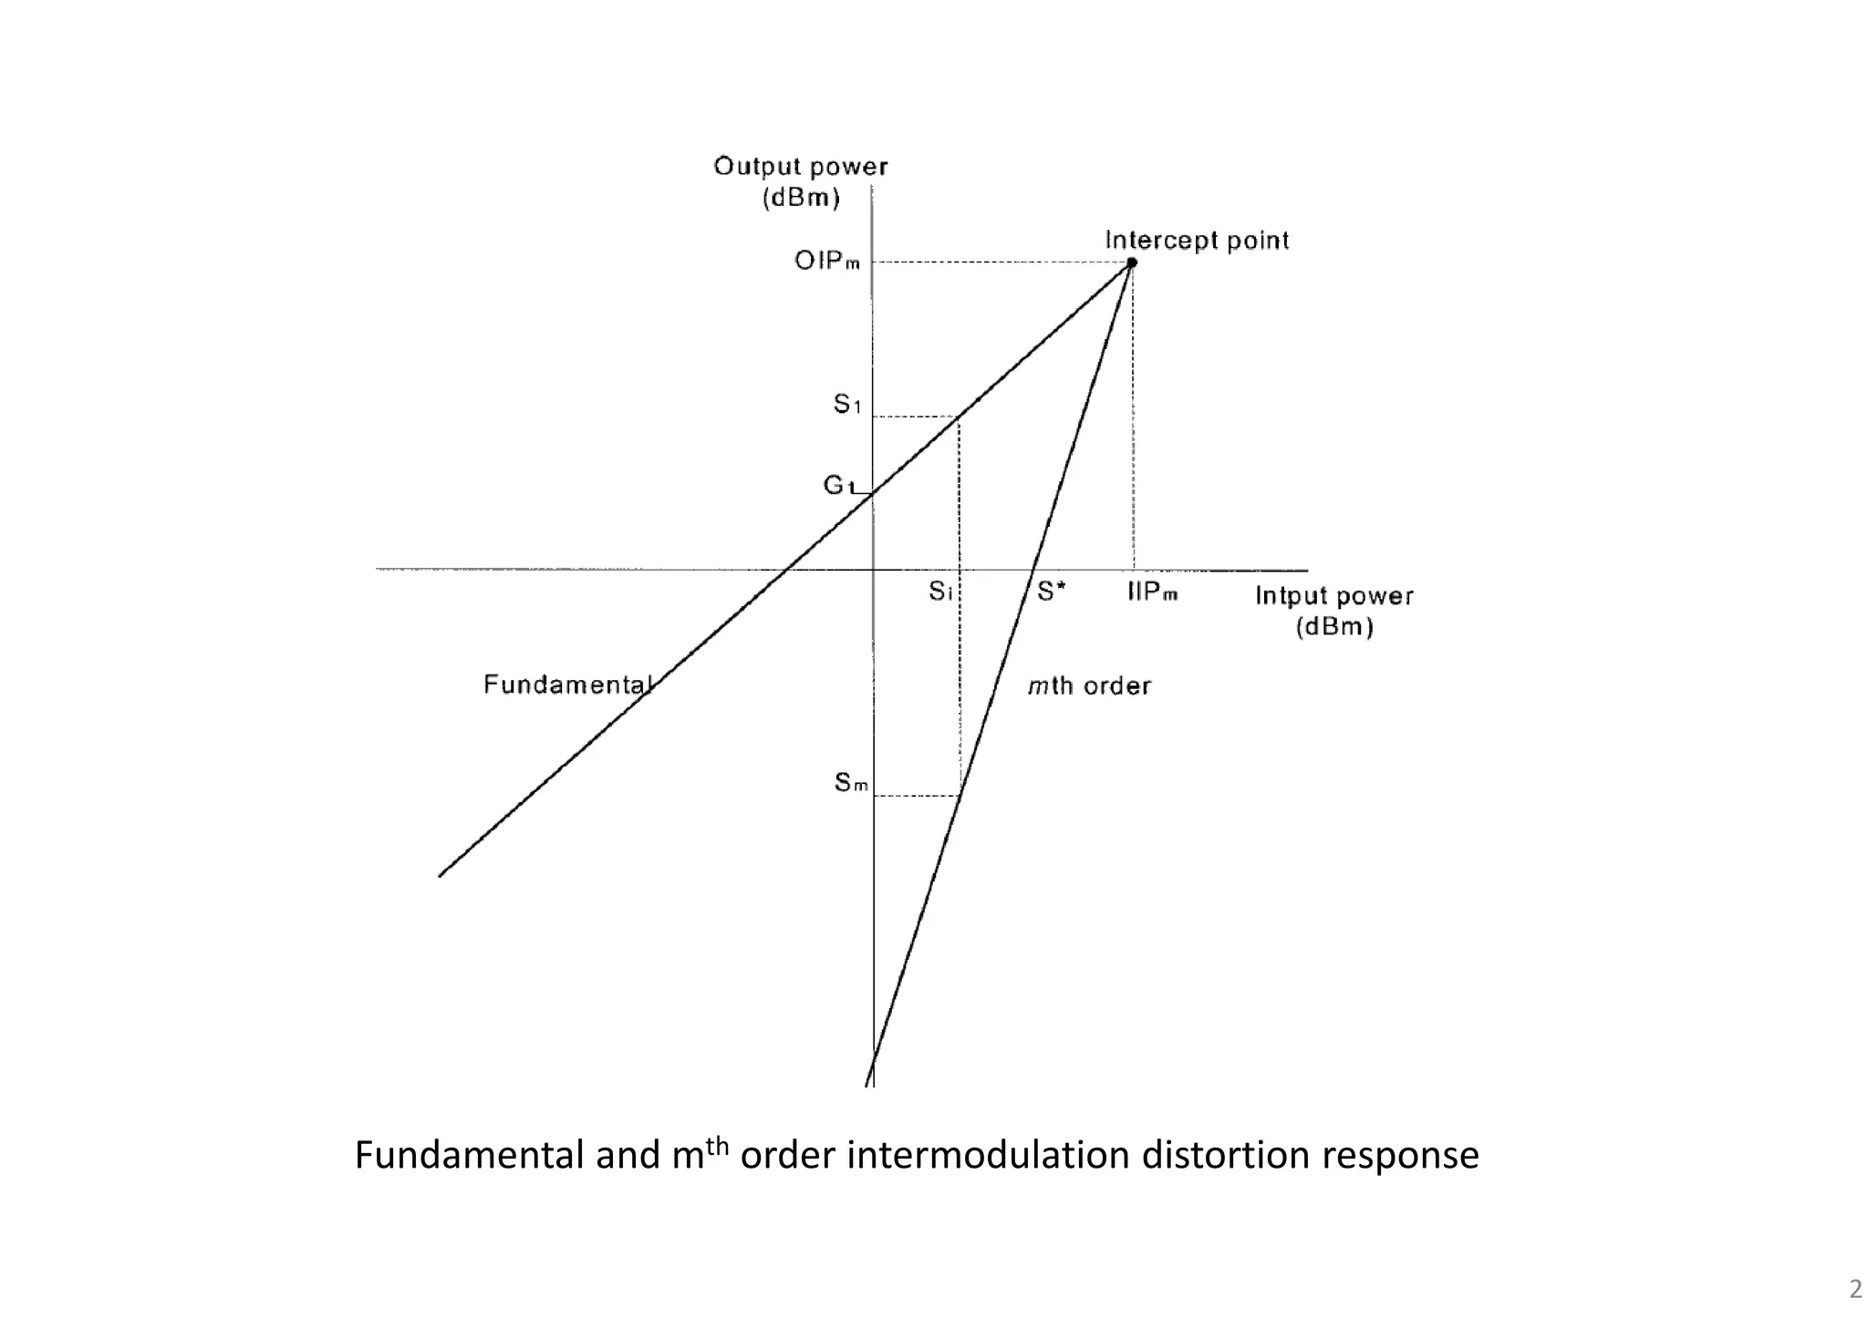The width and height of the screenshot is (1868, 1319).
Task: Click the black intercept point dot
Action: coord(1132,263)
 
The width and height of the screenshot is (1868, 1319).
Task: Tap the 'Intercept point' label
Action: coord(1197,241)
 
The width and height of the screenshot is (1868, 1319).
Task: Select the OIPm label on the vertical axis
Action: coord(827,262)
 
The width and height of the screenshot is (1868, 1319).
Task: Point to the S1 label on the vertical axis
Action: coord(847,404)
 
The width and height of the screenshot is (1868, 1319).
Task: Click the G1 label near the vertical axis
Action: coord(838,486)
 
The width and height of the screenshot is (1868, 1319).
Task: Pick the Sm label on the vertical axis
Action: coord(851,783)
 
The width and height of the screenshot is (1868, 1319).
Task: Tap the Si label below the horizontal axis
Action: coord(941,593)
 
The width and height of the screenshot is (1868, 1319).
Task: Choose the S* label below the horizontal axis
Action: coord(1052,593)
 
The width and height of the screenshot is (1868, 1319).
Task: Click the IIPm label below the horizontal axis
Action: coord(1153,593)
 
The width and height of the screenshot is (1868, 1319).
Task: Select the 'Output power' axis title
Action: coord(800,167)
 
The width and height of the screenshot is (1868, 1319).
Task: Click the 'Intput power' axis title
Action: coord(1334,596)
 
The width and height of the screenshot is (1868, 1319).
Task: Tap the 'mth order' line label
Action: coord(1089,685)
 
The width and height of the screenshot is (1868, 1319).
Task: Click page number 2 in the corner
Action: coord(1855,1289)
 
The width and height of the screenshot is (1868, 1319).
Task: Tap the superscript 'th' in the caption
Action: coord(718,1145)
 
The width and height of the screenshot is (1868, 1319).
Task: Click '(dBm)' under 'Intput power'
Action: coord(1334,627)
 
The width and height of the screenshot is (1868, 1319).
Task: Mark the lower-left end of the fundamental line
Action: coord(441,876)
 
